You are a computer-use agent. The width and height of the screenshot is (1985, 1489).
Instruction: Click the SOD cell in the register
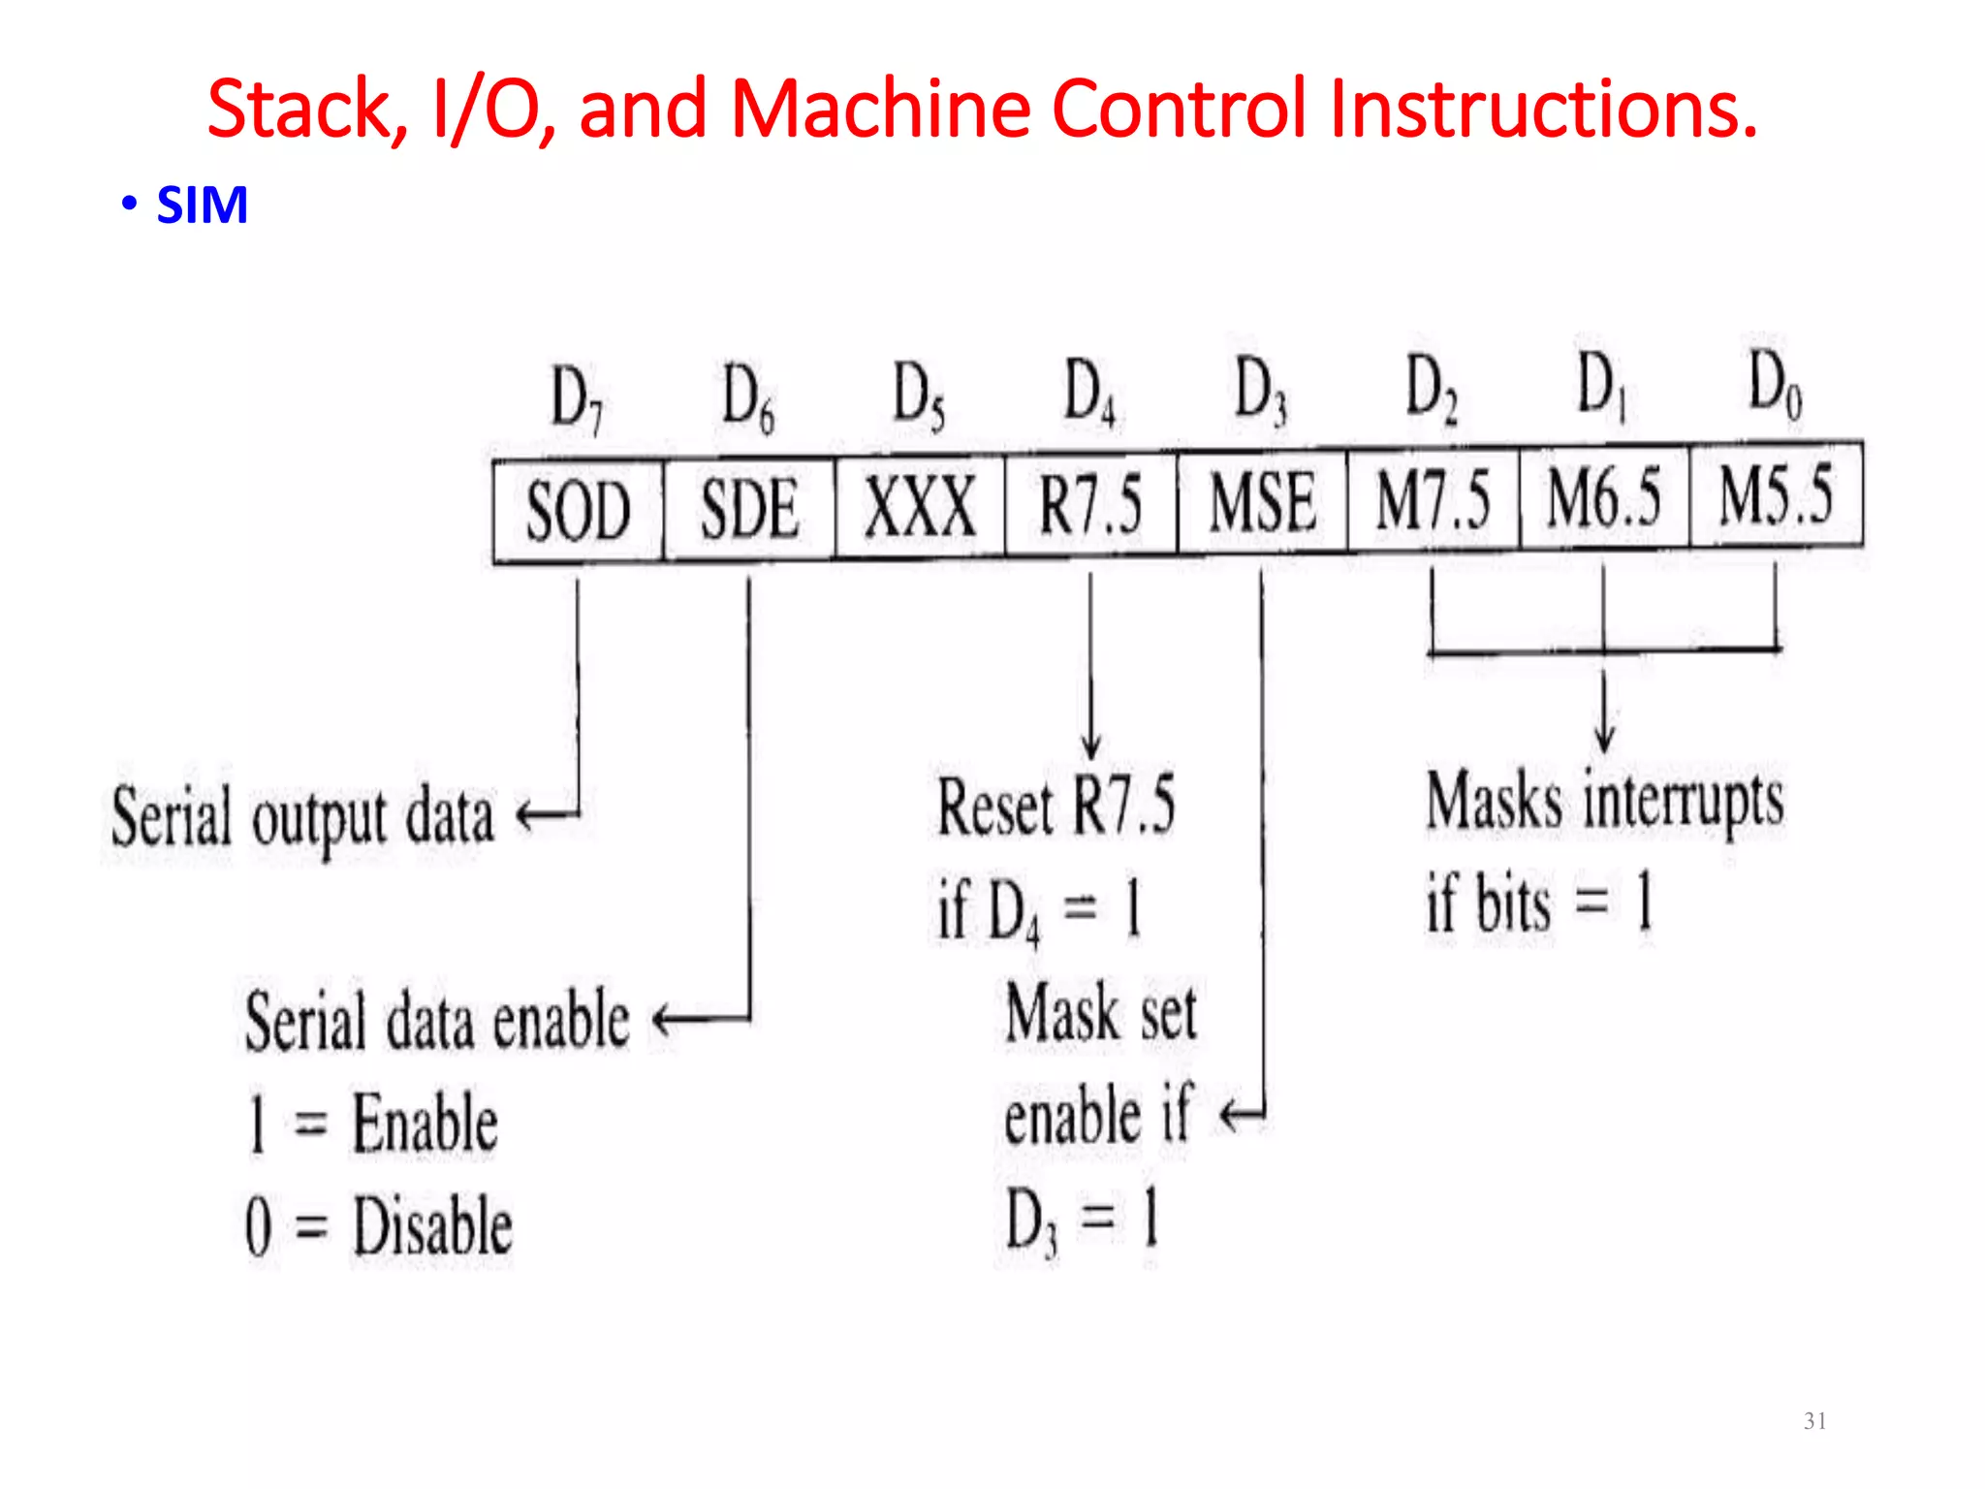click(578, 511)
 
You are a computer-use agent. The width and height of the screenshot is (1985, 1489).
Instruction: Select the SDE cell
click(749, 509)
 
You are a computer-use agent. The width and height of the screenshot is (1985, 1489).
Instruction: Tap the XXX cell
click(920, 507)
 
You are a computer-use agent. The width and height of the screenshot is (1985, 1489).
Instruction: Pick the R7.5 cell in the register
click(1090, 505)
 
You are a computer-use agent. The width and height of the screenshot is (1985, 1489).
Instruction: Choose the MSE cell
click(1262, 503)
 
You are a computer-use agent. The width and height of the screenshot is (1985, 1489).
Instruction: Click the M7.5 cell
click(1434, 500)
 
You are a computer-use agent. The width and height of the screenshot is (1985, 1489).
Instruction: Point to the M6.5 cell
click(1604, 497)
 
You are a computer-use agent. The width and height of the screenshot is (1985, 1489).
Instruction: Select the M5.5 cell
click(1776, 494)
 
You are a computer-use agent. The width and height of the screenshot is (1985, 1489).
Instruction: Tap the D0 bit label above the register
click(1775, 384)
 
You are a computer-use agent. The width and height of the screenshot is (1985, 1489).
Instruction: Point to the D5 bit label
click(918, 395)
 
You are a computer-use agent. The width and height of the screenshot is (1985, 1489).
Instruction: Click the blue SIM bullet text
click(202, 206)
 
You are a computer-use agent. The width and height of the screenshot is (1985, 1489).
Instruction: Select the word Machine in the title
click(880, 109)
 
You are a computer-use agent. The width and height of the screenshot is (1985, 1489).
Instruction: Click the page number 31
click(1815, 1421)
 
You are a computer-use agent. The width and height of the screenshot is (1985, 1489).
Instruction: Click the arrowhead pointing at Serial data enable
click(663, 1020)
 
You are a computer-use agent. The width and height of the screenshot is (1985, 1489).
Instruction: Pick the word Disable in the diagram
click(432, 1227)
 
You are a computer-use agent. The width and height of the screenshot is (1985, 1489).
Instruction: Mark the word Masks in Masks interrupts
click(1494, 802)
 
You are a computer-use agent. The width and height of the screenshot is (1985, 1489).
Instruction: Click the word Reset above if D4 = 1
click(994, 807)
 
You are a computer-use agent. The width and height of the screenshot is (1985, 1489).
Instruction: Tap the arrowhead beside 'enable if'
click(1229, 1116)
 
